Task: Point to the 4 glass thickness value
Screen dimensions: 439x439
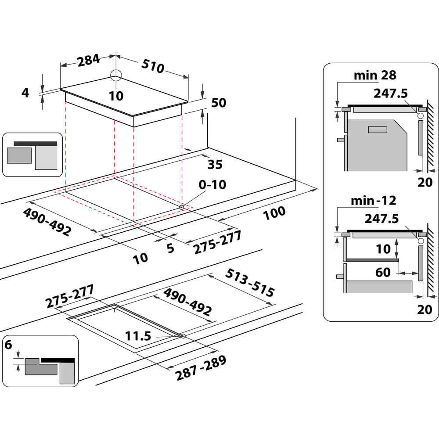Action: point(25,93)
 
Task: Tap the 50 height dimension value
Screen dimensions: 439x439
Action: point(218,103)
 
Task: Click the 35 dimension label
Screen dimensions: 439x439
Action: point(215,165)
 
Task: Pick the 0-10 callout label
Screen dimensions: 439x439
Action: point(212,185)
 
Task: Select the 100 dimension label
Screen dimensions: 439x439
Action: point(274,213)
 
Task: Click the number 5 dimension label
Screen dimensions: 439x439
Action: point(170,248)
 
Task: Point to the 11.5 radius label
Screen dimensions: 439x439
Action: point(138,336)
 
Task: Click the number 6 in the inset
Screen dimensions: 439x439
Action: point(8,345)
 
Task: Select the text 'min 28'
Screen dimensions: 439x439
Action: point(375,76)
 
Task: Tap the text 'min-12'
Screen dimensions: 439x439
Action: point(373,201)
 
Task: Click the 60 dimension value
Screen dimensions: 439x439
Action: point(383,273)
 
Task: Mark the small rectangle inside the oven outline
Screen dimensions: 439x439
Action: point(377,129)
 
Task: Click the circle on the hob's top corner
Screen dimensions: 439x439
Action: point(115,75)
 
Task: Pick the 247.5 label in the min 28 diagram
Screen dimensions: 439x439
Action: point(390,93)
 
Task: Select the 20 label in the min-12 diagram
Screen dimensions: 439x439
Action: point(425,309)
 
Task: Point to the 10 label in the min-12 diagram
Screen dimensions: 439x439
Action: point(383,249)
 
